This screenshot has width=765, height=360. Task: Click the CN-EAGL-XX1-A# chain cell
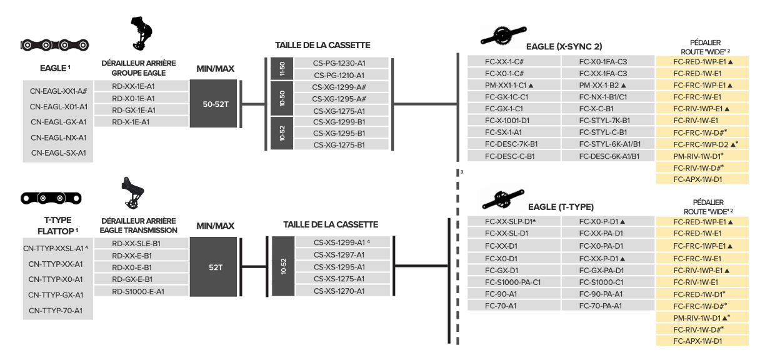[x=58, y=91]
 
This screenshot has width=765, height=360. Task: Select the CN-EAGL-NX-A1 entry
[x=58, y=137]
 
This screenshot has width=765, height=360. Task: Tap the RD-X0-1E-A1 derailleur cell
[x=133, y=98]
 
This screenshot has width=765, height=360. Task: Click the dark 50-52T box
[x=216, y=104]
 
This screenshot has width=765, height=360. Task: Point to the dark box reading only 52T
[x=216, y=267]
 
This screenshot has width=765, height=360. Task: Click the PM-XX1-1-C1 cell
[x=509, y=85]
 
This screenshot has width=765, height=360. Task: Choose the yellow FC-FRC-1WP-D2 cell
[x=702, y=144]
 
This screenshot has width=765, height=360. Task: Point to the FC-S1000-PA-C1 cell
[x=512, y=282]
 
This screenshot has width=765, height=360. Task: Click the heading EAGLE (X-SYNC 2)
[x=564, y=47]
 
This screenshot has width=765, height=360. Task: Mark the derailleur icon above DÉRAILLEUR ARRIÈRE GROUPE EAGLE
[x=140, y=34]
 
